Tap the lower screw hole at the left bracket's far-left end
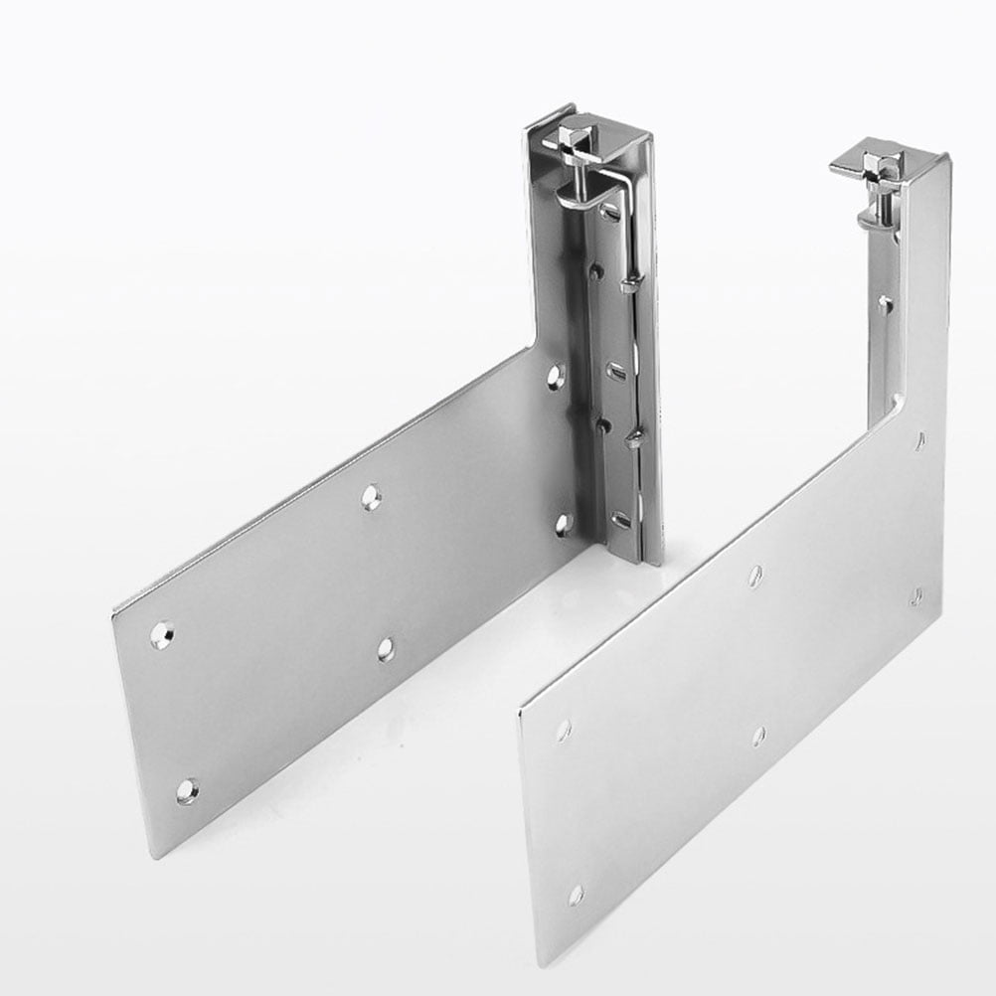[x=186, y=791]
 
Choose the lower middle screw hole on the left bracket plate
[x=386, y=649]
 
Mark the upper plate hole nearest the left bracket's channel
[x=556, y=375]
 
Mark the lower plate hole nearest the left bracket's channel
[x=563, y=523]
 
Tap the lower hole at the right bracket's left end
[x=576, y=895]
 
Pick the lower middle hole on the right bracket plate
[x=758, y=736]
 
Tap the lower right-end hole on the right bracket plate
[x=916, y=597]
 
